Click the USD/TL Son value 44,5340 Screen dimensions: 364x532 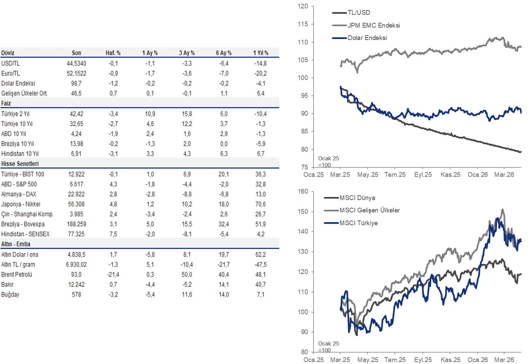[76, 64]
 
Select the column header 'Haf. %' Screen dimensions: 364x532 [113, 53]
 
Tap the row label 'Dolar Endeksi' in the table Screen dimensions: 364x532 [18, 83]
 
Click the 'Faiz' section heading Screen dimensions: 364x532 [6, 103]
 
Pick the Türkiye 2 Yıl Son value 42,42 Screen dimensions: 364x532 [77, 114]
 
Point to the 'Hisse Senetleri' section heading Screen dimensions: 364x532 [20, 164]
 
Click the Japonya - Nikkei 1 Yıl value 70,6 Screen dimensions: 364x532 [260, 204]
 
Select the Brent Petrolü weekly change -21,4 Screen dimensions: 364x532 [113, 275]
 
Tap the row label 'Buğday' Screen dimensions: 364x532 [10, 295]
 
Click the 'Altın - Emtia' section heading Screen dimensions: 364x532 [16, 244]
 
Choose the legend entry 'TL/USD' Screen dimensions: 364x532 [359, 13]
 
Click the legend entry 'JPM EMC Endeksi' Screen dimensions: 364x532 [374, 25]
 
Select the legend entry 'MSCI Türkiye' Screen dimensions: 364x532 [358, 223]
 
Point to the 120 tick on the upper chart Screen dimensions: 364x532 [303, 6]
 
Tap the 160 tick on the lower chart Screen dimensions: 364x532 [303, 192]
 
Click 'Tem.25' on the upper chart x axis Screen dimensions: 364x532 [395, 175]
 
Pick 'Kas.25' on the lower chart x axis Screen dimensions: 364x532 [450, 360]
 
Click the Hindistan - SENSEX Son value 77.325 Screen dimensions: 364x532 [76, 234]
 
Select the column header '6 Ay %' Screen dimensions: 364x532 [224, 53]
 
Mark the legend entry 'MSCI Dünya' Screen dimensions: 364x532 [357, 198]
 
